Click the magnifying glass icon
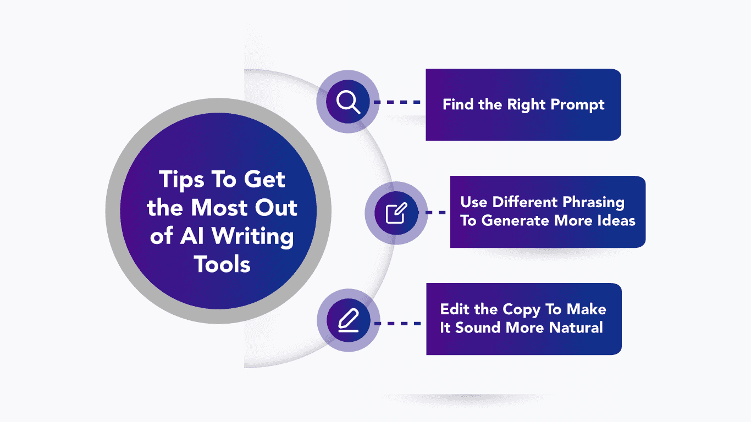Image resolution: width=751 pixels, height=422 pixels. pyautogui.click(x=349, y=102)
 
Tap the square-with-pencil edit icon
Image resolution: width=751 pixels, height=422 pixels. pyautogui.click(x=396, y=213)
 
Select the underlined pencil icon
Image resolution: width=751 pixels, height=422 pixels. pyautogui.click(x=349, y=320)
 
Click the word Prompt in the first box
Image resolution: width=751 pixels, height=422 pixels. pyautogui.click(x=577, y=105)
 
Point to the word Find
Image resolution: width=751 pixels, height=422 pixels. pyautogui.click(x=458, y=104)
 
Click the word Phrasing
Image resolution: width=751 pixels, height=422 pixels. pyautogui.click(x=593, y=203)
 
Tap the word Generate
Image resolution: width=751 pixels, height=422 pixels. pyautogui.click(x=516, y=220)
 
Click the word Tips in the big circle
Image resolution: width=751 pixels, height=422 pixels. pyautogui.click(x=181, y=180)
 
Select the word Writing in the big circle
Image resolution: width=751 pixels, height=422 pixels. pyautogui.click(x=252, y=237)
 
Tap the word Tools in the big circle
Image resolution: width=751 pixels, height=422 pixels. pyautogui.click(x=222, y=264)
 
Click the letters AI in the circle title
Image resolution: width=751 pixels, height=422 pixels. pyautogui.click(x=192, y=236)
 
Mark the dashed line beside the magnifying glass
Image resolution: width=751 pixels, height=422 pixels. pyautogui.click(x=397, y=102)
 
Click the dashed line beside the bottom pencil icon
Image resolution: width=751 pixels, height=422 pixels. pyautogui.click(x=397, y=324)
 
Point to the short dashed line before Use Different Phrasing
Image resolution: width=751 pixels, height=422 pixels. pyautogui.click(x=436, y=213)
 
